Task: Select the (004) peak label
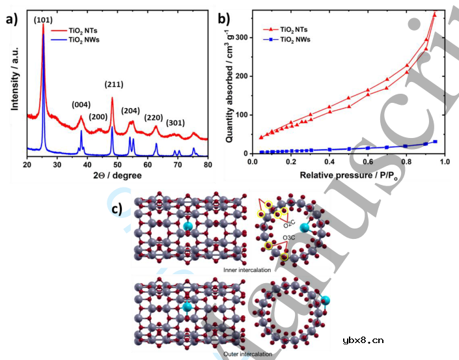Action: (80, 103)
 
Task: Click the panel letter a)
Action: (12, 19)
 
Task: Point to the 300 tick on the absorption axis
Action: (243, 38)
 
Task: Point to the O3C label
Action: (290, 237)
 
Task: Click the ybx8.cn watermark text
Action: (362, 339)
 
